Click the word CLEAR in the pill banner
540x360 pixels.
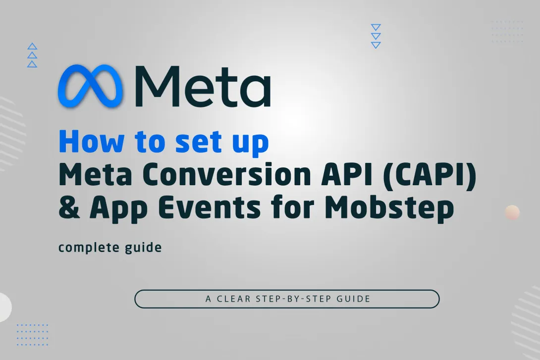click(x=234, y=299)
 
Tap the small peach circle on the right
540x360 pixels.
click(x=512, y=212)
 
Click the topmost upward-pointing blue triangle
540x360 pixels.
click(x=32, y=47)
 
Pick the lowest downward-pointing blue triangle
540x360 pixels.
click(x=376, y=45)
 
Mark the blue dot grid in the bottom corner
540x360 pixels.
click(x=32, y=334)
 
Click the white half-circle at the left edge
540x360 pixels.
click(x=4, y=307)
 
